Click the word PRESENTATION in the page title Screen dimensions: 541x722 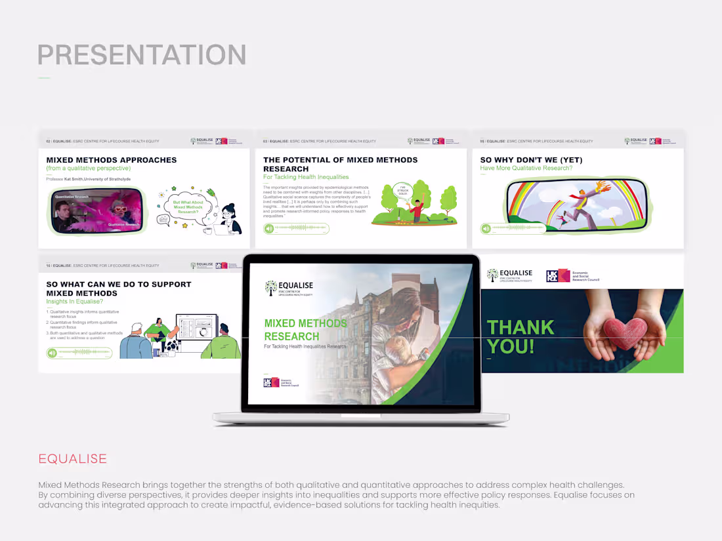[x=142, y=55]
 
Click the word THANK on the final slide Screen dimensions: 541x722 [x=520, y=327]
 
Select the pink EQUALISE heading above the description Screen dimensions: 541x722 [x=72, y=458]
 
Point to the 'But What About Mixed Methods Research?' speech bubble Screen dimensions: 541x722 [x=185, y=207]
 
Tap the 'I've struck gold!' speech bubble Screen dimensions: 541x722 [x=404, y=191]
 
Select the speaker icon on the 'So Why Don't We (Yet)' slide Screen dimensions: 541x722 [x=486, y=228]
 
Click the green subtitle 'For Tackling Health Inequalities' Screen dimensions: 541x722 [x=306, y=177]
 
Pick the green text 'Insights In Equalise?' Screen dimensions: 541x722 [x=74, y=302]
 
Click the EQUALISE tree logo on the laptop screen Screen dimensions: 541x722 [x=271, y=288]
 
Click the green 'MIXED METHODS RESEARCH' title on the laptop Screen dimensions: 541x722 [x=305, y=329]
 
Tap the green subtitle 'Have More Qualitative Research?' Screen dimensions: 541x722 [x=526, y=169]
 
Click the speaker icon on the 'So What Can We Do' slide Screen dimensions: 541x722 [x=52, y=353]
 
